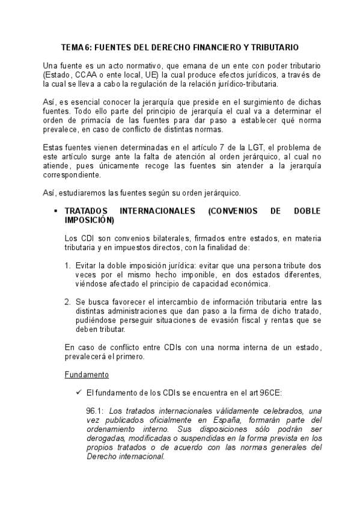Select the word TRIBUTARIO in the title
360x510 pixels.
(x=276, y=47)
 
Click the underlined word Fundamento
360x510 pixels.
(x=86, y=374)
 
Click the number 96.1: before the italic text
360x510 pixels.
(x=95, y=411)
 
